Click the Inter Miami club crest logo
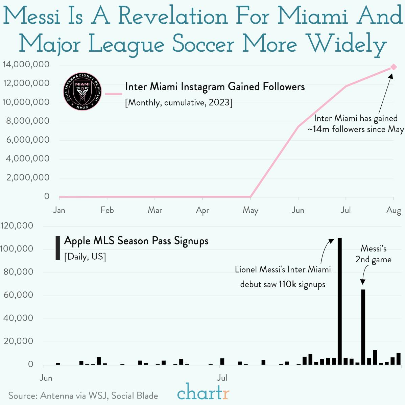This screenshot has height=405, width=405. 82,92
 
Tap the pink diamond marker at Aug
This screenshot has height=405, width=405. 394,67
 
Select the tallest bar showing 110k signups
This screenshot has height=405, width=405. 339,301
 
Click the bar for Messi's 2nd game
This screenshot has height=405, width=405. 363,327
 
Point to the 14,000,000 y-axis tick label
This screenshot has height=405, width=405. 26,64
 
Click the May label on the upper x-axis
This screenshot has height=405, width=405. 250,210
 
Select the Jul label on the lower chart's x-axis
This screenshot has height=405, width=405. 222,378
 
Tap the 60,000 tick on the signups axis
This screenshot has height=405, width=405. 18,295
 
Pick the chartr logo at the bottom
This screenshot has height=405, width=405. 203,392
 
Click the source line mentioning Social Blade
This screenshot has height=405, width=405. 83,396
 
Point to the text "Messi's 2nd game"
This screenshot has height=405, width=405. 373,254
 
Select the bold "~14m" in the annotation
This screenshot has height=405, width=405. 318,129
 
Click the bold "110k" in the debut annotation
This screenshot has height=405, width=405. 287,284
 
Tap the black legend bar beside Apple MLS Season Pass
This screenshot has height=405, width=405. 58,248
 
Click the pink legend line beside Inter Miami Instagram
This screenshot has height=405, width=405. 113,94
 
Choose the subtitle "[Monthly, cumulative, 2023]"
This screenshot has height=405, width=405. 178,102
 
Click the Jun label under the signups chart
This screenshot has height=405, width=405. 46,378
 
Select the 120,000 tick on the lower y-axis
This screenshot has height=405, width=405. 17,225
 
